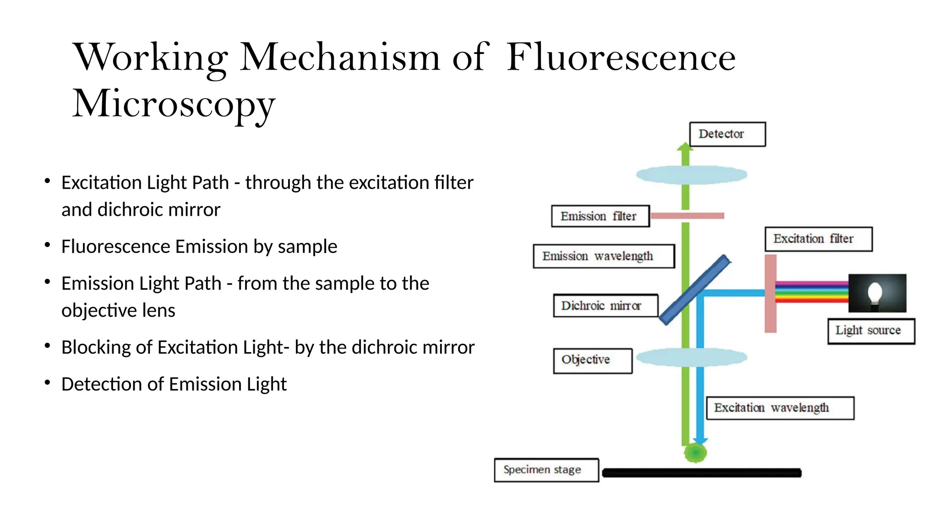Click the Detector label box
tap(727, 134)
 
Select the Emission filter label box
tap(600, 216)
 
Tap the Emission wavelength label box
tap(604, 256)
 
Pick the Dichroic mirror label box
tap(605, 306)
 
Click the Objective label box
tap(593, 361)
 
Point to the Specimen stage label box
tap(546, 470)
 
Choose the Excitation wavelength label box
tap(780, 408)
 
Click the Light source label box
tap(871, 331)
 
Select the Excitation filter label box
tap(818, 239)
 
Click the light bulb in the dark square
tap(875, 293)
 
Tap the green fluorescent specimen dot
tap(695, 453)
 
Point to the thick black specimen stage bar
tap(701, 473)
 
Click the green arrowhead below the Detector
tap(685, 148)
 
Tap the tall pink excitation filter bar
tap(771, 293)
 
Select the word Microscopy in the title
tap(174, 104)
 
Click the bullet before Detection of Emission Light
tap(47, 383)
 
